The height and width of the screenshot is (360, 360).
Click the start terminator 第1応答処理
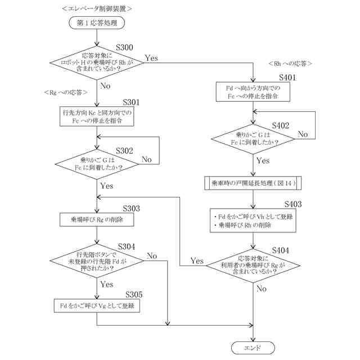97,22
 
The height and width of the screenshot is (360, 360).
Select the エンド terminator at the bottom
253,348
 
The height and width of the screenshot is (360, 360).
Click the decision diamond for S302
97,164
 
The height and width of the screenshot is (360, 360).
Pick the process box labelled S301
97,116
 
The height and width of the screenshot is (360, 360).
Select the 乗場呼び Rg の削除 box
97,219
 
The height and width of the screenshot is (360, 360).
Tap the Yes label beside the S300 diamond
152,58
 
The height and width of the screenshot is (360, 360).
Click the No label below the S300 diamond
105,86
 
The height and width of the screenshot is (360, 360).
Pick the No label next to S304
152,256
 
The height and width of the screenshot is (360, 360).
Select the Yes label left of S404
197,260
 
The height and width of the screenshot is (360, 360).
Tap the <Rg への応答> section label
65,92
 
